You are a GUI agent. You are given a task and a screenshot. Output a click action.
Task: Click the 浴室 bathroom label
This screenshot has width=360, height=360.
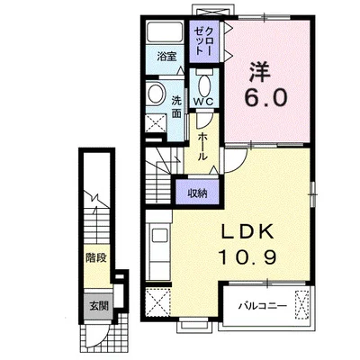(166, 57)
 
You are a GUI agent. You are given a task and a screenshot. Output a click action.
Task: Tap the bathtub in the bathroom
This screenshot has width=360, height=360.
(165, 31)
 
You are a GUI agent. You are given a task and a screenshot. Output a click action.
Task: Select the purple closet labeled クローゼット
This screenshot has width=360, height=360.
(204, 40)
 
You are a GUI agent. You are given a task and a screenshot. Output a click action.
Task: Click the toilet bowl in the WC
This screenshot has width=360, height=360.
(204, 84)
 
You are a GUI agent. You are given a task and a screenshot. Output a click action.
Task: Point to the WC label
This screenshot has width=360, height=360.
(203, 102)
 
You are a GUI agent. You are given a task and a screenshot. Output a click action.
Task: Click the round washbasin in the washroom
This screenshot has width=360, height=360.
(156, 94)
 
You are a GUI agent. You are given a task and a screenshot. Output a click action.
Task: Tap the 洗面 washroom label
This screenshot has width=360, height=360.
(176, 107)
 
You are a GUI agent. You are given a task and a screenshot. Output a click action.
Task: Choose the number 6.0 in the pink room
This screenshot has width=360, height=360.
(265, 97)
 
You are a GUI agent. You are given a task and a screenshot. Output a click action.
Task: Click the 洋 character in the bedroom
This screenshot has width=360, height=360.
(260, 72)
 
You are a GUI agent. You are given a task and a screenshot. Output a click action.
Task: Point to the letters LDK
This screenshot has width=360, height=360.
(247, 231)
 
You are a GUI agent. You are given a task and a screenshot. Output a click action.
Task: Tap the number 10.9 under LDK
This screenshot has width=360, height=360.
(247, 257)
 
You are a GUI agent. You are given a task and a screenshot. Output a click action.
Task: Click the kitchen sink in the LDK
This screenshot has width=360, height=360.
(161, 236)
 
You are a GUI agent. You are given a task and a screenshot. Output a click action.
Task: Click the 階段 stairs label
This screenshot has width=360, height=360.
(96, 257)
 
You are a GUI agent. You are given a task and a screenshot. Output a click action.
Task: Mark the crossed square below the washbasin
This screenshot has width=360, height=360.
(156, 122)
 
